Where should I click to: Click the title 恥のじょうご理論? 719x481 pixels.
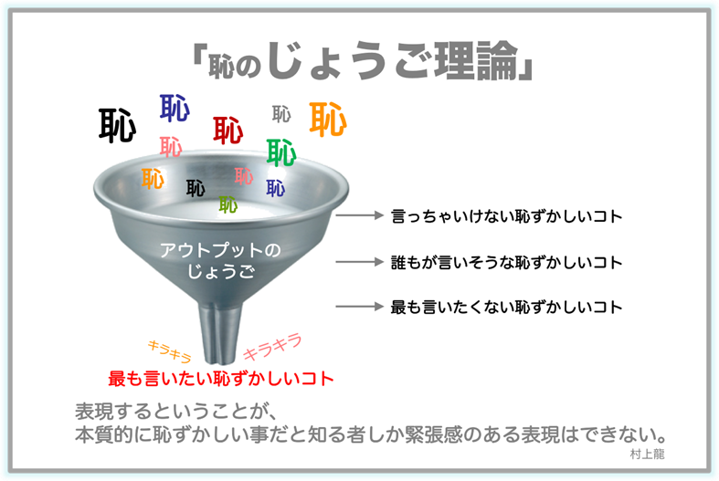[363, 60]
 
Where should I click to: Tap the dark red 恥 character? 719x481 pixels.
[227, 131]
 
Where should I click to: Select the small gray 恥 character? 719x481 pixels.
[281, 114]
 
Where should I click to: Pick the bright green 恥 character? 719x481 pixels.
[281, 152]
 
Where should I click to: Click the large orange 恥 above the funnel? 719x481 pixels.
[328, 119]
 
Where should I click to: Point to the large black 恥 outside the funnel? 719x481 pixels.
[117, 125]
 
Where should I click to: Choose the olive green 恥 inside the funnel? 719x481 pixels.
[227, 204]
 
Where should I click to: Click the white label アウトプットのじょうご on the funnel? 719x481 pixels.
[220, 260]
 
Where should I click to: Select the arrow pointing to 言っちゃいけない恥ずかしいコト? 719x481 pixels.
[360, 215]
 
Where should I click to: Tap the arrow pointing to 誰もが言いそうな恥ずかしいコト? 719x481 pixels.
[360, 262]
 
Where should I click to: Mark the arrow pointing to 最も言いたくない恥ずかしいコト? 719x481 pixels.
[360, 307]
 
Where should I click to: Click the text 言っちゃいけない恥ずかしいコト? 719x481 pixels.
[506, 216]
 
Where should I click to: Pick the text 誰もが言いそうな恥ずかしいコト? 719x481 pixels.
[506, 263]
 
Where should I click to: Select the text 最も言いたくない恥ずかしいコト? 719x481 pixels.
[506, 307]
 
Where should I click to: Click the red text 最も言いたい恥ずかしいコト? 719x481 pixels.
[220, 379]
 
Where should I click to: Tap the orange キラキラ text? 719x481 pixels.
[169, 350]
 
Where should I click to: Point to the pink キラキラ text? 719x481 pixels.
[272, 347]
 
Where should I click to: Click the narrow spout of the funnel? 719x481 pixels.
[219, 332]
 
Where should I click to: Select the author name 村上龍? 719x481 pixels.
[647, 454]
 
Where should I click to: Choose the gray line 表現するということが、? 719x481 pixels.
[175, 411]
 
